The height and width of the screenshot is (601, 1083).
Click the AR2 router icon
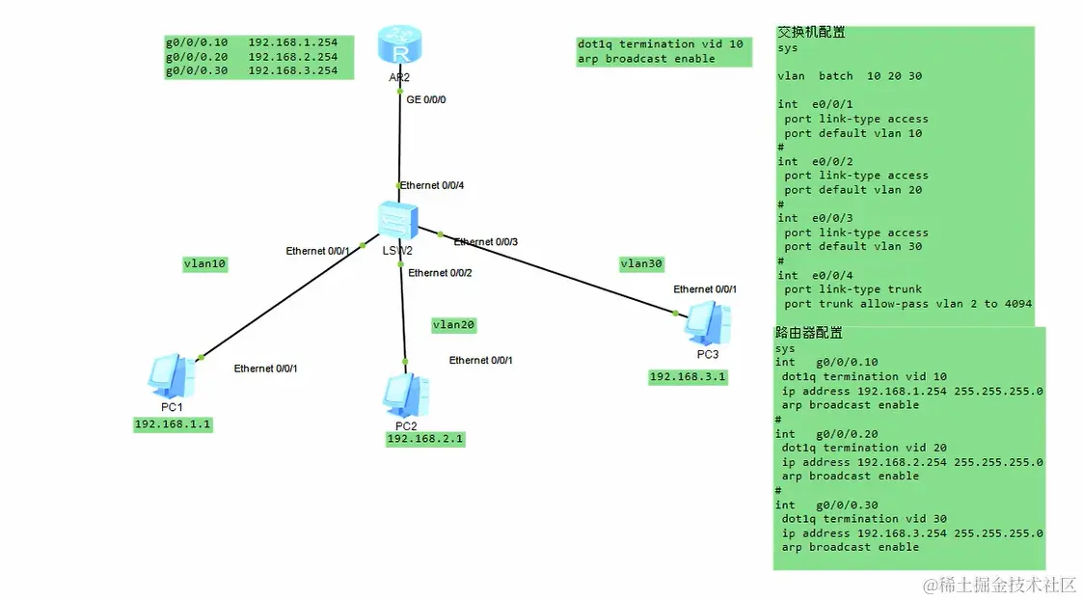click(399, 45)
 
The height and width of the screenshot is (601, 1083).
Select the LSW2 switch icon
click(398, 221)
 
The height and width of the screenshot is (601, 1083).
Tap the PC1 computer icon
click(172, 376)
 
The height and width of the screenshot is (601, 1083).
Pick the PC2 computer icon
click(407, 396)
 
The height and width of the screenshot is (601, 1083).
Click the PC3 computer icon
click(707, 325)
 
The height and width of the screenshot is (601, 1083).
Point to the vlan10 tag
click(204, 264)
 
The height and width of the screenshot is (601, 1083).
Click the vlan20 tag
click(454, 325)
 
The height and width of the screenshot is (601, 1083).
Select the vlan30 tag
click(641, 264)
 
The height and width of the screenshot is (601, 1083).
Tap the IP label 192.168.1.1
click(173, 424)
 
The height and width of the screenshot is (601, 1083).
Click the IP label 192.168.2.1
click(425, 439)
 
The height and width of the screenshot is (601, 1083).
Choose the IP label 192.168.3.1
click(688, 377)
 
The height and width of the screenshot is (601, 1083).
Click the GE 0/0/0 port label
click(426, 99)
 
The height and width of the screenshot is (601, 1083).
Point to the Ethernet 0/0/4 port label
click(432, 185)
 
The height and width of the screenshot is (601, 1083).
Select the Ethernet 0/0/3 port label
click(485, 242)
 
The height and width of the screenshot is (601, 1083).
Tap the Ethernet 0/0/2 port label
click(440, 273)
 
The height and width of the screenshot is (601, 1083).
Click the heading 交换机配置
click(812, 32)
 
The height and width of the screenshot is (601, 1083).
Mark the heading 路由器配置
click(809, 333)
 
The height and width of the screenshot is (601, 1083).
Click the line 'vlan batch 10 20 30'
click(850, 76)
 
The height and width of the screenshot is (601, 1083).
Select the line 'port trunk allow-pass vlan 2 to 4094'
click(907, 304)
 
